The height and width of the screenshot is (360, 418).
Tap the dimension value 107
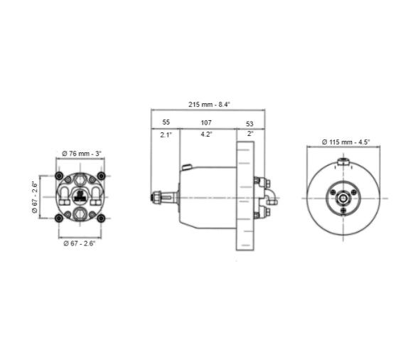[207, 122]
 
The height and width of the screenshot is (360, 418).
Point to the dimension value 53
[250, 122]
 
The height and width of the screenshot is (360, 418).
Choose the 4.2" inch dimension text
[207, 134]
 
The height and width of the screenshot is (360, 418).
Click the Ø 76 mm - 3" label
[82, 154]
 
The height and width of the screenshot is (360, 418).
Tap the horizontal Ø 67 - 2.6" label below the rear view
[81, 244]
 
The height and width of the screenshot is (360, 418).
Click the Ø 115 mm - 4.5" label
[346, 142]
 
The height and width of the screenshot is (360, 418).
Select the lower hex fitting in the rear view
[81, 213]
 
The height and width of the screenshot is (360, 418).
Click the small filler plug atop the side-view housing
[186, 168]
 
